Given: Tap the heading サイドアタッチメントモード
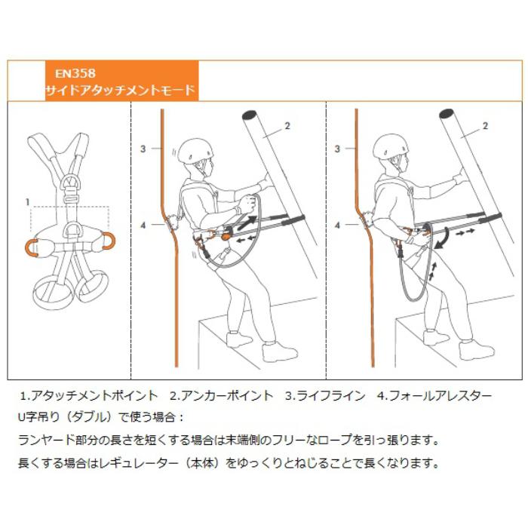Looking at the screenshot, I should coord(120,91).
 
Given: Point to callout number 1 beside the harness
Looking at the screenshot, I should coord(27,202).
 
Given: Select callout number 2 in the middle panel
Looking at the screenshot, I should coord(287,125).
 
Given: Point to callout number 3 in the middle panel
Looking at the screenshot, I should coord(143,149).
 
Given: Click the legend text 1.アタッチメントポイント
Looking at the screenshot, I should coord(88,395).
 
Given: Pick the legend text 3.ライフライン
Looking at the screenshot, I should coord(325,395).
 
